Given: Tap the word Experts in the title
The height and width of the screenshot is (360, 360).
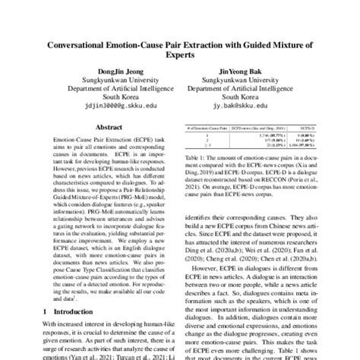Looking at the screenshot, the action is click(x=180, y=55).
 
